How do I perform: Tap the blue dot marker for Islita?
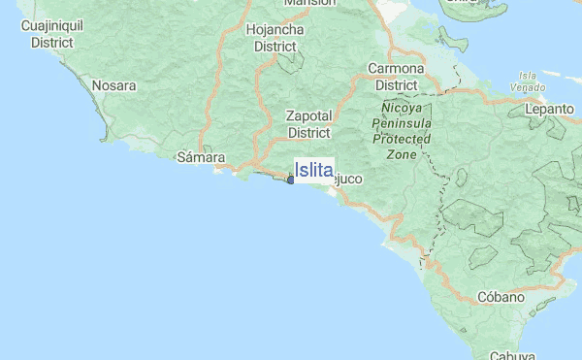(x=291, y=180)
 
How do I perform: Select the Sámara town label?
(x=202, y=156)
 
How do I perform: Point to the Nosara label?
(x=113, y=85)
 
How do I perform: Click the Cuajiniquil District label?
(x=54, y=35)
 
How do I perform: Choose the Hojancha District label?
(x=275, y=37)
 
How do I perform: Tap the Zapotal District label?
(x=309, y=123)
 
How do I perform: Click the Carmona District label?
(x=396, y=77)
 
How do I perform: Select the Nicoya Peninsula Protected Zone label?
(x=401, y=131)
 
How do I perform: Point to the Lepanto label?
(x=551, y=110)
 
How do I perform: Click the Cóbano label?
(x=500, y=297)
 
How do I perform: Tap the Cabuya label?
(x=513, y=354)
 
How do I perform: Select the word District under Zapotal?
(x=309, y=132)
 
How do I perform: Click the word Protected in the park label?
(x=401, y=140)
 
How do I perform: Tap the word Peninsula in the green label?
(x=401, y=124)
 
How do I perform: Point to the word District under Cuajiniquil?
(x=54, y=43)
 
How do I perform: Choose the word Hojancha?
(x=275, y=29)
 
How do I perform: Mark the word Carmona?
(x=396, y=69)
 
